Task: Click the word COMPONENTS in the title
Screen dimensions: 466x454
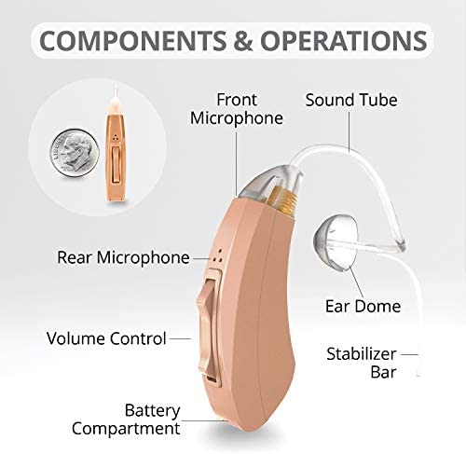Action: (133, 41)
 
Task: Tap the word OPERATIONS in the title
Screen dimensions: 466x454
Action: (344, 41)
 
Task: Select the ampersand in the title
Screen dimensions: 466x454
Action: (243, 41)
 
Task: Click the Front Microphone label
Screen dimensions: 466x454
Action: (237, 109)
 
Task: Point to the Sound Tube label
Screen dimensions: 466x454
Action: (351, 100)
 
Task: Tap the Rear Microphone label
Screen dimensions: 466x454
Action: (123, 257)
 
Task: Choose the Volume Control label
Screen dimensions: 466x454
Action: (106, 338)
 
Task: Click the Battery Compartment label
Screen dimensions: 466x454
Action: (126, 420)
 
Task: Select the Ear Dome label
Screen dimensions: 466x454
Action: (363, 307)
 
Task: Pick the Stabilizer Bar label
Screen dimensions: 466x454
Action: (362, 363)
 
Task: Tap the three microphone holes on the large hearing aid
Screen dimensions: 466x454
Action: (218, 255)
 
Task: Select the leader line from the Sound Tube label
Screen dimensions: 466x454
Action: (349, 131)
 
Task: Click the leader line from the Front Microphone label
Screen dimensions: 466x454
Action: (237, 163)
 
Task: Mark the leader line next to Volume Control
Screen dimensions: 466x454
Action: (180, 338)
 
